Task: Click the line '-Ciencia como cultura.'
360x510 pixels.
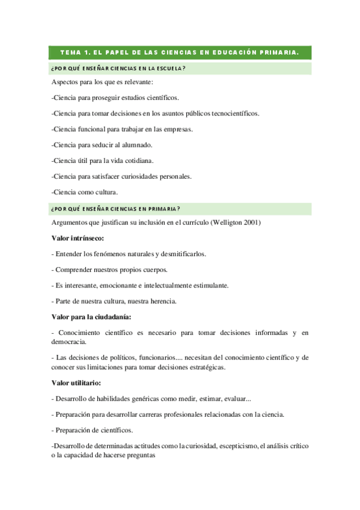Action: click(x=85, y=192)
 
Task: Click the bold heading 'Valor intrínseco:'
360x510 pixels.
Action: click(x=78, y=238)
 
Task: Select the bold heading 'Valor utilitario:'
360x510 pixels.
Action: click(x=76, y=382)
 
